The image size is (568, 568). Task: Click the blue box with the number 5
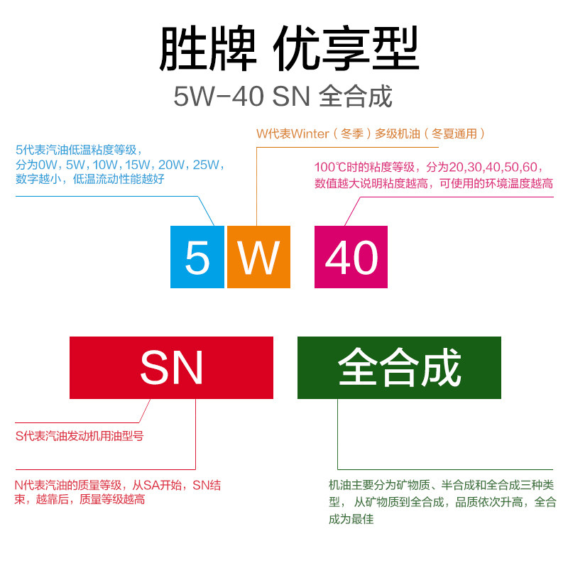197,257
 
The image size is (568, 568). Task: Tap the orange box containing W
258,257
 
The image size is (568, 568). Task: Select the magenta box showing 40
351,257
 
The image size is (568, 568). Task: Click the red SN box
171,368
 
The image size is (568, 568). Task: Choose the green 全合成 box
399,368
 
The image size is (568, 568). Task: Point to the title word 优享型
346,50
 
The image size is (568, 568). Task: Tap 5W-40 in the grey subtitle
219,97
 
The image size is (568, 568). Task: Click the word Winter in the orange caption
310,133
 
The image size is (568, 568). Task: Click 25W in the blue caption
206,165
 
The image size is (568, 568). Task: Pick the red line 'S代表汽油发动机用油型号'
80,436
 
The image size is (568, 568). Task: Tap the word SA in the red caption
155,486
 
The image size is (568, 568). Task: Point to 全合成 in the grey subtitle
356,97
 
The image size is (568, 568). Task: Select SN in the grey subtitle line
291,97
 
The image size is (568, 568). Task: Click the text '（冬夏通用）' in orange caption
457,133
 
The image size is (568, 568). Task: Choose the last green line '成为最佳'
351,519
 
